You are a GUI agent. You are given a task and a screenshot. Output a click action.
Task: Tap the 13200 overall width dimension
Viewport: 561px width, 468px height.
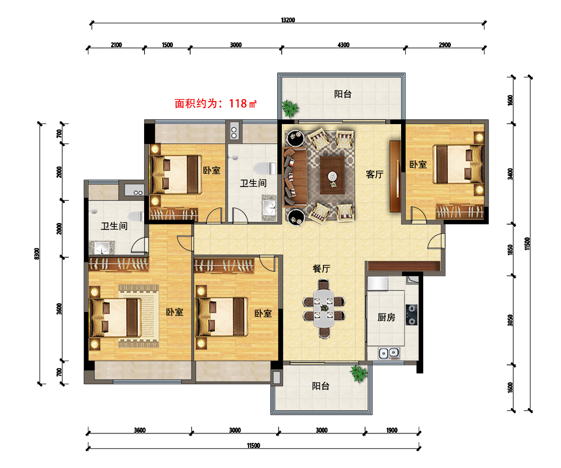288,20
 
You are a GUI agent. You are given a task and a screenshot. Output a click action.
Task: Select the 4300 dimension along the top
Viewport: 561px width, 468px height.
343,45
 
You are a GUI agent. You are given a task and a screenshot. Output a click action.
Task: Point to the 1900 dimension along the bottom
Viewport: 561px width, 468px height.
392,430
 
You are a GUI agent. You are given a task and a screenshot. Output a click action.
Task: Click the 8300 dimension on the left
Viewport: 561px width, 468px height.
37,254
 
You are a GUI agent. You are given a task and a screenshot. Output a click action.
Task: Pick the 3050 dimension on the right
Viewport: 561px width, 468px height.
510,320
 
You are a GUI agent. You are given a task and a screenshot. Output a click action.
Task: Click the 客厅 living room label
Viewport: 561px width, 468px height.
374,174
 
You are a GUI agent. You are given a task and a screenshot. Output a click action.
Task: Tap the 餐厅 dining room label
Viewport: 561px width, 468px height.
321,268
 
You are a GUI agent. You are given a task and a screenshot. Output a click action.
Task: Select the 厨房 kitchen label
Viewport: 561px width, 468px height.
386,317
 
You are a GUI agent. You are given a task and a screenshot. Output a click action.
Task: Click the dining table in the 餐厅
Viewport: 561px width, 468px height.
324,309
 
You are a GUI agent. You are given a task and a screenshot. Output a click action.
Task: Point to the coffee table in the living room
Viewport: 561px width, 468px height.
332,175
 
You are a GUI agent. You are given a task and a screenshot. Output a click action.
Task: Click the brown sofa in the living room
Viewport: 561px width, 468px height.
295,176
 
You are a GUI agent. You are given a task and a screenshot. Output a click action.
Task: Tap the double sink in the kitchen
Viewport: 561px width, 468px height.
389,353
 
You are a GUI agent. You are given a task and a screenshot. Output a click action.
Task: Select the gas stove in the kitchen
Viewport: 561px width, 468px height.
411,315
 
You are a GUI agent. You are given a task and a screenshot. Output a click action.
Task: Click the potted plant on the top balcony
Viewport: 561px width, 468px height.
290,108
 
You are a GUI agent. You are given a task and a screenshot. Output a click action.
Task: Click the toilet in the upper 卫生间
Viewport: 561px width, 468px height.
265,169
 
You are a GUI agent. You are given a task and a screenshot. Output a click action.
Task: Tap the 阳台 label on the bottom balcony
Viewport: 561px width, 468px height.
321,386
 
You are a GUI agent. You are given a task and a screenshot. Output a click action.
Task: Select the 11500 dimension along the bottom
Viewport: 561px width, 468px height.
253,445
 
